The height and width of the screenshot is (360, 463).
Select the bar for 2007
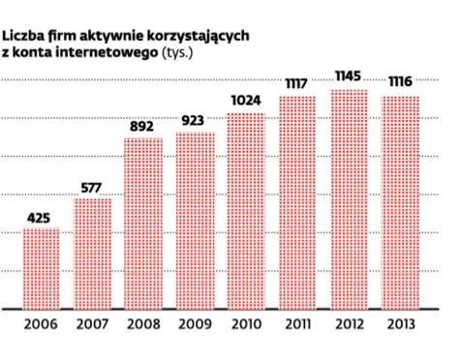pos(92,253)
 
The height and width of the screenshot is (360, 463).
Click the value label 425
pos(40,217)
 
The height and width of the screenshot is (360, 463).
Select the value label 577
pos(92,186)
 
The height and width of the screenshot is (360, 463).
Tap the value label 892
pos(143,126)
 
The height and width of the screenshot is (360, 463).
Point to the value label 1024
pos(246,101)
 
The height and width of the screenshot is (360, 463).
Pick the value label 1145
pos(349,76)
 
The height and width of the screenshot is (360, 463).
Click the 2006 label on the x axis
pos(40,324)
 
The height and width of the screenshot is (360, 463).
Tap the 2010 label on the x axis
pos(246,324)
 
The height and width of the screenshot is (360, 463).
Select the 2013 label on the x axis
pos(400,324)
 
